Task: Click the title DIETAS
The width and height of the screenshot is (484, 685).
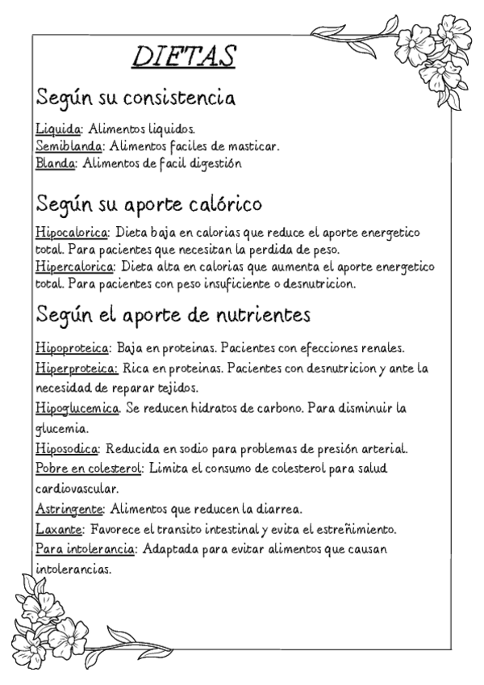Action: click(183, 57)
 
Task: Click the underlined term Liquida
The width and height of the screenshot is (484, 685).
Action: click(59, 128)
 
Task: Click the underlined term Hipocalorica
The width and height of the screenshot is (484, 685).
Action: click(72, 232)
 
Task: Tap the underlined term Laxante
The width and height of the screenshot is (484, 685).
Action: click(59, 530)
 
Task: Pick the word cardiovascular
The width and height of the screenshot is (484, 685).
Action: click(77, 490)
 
